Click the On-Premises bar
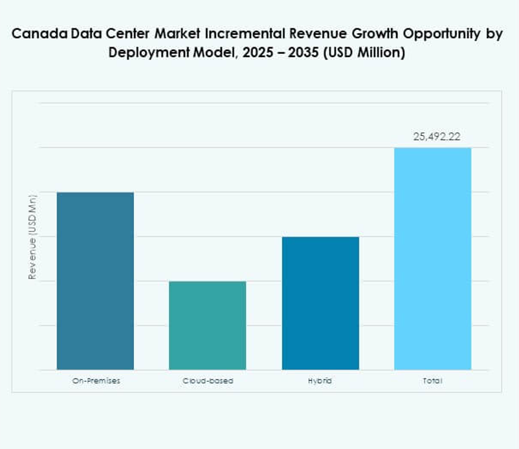(x=95, y=281)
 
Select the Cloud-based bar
(x=207, y=325)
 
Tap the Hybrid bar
(x=320, y=303)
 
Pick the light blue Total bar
(x=432, y=259)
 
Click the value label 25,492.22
(x=432, y=137)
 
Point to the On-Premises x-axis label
(x=95, y=381)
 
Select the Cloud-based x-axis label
(x=207, y=381)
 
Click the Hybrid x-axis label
(x=320, y=381)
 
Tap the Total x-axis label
(x=432, y=381)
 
